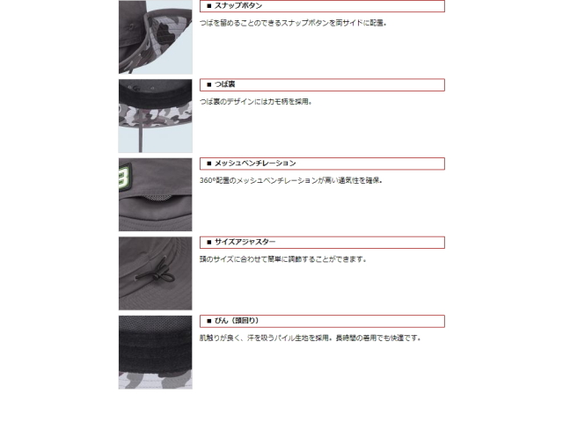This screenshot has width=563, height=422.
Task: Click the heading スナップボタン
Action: [238, 6]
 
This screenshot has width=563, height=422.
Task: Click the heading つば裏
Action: [225, 84]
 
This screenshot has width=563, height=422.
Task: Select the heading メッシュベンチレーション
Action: [255, 164]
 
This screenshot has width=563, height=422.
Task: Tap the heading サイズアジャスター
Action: [245, 242]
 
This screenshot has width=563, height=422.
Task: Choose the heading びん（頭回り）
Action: [237, 321]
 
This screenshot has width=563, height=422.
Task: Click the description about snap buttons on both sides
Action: [293, 23]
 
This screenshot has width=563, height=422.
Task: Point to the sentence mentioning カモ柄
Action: [256, 102]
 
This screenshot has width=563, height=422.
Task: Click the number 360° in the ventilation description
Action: [208, 180]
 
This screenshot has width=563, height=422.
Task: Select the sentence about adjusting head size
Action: [283, 259]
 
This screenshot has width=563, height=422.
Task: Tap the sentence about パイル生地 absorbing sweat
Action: [311, 338]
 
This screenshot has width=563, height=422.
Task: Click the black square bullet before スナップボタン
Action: [209, 6]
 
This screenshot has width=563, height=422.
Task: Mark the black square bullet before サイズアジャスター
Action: [209, 243]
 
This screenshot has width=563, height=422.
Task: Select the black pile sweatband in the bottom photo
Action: [156, 351]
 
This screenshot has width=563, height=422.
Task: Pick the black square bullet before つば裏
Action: [209, 84]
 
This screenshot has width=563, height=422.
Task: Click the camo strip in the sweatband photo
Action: [156, 380]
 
